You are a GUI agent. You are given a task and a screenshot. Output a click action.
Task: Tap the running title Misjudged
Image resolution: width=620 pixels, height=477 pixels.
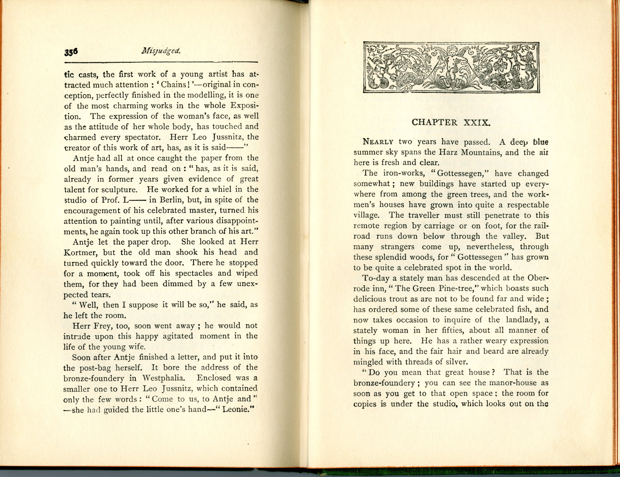click(161, 51)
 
